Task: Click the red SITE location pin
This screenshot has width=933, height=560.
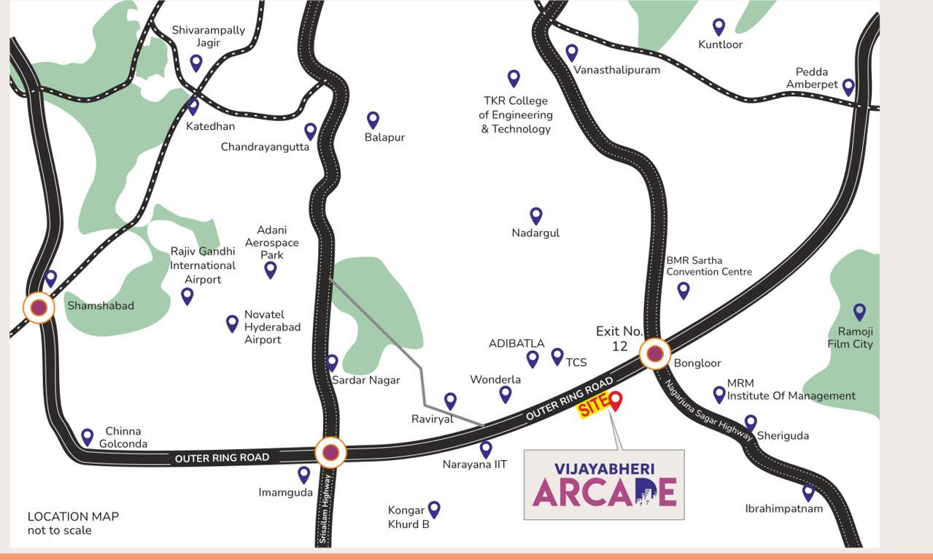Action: click(x=615, y=400)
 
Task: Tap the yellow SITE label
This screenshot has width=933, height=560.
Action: click(x=592, y=408)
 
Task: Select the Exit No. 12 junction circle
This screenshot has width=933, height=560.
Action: click(x=655, y=354)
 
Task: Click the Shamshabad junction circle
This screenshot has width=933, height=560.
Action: click(x=39, y=308)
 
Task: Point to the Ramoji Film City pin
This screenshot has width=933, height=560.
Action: click(x=859, y=311)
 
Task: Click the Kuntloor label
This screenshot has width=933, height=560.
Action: click(x=720, y=44)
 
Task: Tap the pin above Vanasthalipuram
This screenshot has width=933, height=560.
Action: click(x=572, y=52)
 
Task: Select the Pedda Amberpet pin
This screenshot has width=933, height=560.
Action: click(x=848, y=87)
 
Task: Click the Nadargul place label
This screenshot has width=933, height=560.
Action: click(x=535, y=233)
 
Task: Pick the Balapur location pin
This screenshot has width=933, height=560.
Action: click(x=373, y=119)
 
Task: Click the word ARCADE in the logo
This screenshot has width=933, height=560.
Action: click(x=604, y=491)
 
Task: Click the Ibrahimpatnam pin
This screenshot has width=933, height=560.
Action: click(x=808, y=492)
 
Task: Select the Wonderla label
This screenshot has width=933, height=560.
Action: click(x=495, y=379)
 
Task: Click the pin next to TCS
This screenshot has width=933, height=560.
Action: click(x=557, y=356)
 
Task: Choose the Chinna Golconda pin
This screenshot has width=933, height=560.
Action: click(x=88, y=436)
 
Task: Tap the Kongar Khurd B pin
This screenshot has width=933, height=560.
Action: click(x=434, y=508)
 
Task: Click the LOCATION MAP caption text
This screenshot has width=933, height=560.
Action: click(x=73, y=516)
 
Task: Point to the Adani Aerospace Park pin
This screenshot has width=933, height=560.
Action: click(x=271, y=269)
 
